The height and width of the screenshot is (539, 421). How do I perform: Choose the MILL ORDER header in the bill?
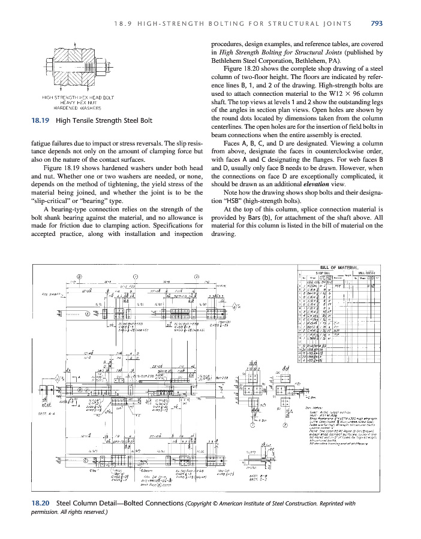tap(366, 272)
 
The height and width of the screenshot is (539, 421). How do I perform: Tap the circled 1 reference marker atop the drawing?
tap(135, 276)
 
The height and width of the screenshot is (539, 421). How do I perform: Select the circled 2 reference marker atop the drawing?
tap(196, 276)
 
